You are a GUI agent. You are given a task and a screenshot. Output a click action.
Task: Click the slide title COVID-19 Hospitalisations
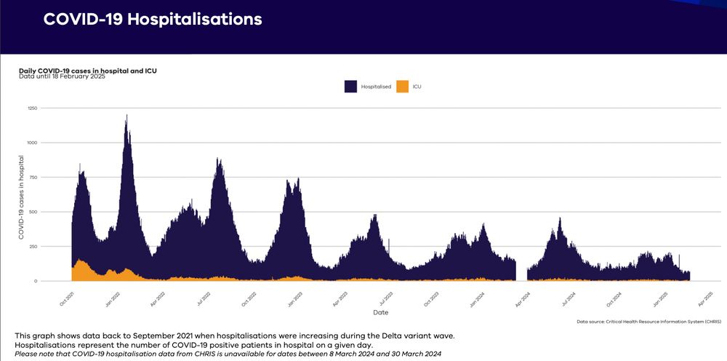click(153, 20)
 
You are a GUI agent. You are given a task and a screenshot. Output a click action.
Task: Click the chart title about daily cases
click(87, 71)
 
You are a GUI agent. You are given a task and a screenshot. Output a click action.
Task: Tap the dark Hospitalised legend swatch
click(350, 87)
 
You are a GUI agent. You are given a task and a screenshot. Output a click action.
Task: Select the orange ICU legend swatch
click(403, 87)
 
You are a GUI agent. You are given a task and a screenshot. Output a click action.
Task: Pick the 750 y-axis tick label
click(52, 177)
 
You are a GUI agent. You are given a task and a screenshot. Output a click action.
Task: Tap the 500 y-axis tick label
click(52, 212)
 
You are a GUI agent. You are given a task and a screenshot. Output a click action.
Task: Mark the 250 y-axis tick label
click(52, 246)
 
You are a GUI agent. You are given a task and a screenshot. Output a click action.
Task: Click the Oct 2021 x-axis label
click(66, 298)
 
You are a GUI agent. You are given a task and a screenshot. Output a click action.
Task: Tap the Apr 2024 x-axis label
click(522, 298)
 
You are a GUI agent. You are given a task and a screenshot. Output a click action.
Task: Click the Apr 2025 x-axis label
click(704, 298)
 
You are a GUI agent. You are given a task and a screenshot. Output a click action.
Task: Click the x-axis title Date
click(380, 312)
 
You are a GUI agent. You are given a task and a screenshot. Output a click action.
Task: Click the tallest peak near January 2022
click(126, 116)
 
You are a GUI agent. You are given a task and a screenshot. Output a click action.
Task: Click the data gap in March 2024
click(521, 269)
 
